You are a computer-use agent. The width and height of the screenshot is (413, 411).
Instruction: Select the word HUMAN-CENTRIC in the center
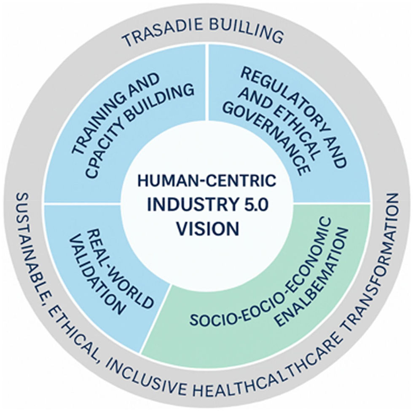click(x=207, y=182)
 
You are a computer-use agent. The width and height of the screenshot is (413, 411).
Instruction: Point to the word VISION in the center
click(x=207, y=228)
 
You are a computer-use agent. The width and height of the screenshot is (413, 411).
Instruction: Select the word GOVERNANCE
click(x=265, y=139)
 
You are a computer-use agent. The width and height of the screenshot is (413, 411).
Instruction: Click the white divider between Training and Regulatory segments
click(x=207, y=83)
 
